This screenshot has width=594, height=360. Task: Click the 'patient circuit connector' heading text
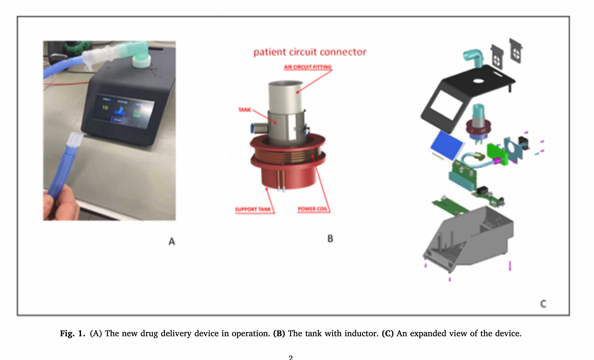(309, 52)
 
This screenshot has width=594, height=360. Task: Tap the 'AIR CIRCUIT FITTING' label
(307, 67)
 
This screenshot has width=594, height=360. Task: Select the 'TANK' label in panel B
(244, 110)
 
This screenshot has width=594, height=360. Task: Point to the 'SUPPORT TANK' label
(253, 209)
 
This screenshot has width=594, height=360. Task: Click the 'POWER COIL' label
(312, 209)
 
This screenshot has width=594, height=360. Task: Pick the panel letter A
(172, 241)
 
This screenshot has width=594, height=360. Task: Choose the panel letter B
(330, 239)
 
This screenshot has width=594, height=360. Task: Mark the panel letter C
(543, 304)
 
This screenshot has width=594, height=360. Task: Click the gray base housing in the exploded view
(470, 238)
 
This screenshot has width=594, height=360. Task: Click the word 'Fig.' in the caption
(67, 334)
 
